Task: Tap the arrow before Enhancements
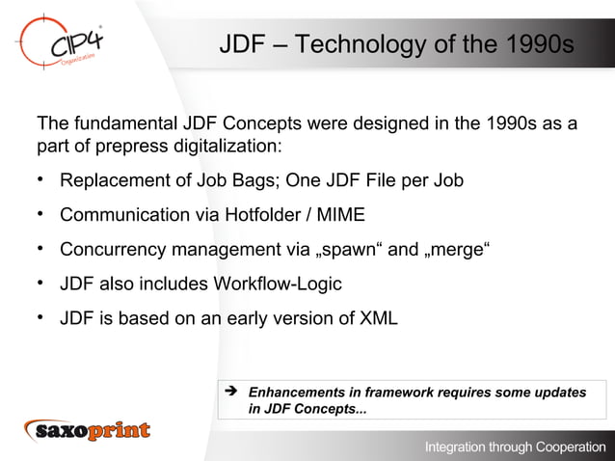pyautogui.click(x=230, y=393)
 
